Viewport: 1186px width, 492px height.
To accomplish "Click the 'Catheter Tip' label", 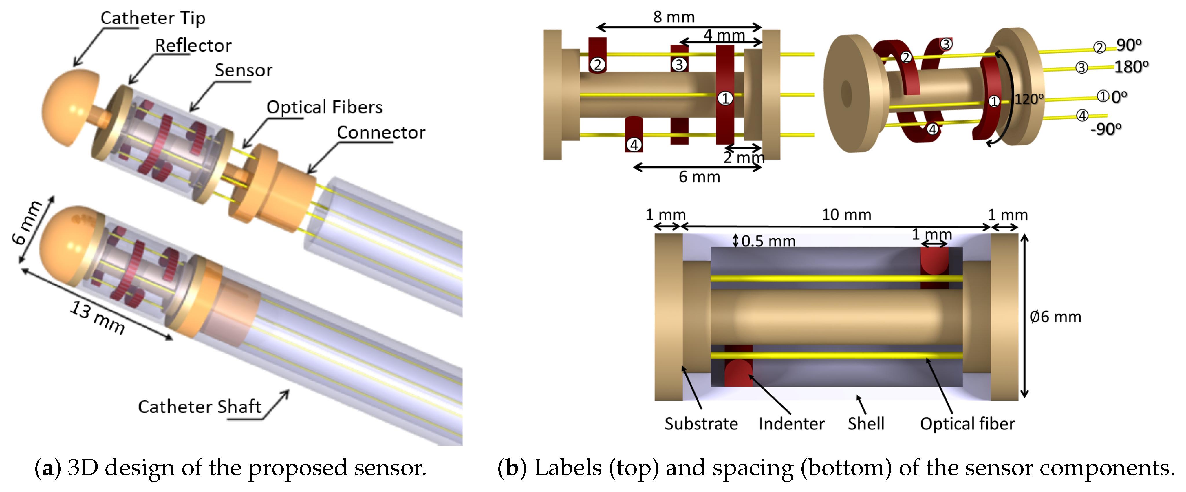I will coord(153,18).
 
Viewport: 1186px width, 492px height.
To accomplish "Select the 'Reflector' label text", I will coord(193,45).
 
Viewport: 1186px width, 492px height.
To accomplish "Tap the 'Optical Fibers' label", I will coord(324,107).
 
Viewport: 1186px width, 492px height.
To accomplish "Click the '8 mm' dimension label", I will coord(673,17).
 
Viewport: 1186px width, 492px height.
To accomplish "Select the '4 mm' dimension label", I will coord(724,34).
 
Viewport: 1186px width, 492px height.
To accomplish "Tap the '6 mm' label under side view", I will coord(699,177).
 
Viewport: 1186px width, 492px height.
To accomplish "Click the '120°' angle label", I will coord(1028,99).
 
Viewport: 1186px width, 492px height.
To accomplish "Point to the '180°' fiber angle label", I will coord(1131,67).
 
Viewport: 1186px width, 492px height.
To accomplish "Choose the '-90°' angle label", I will coord(1106,129).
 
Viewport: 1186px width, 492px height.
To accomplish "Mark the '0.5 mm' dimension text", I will coord(768,241).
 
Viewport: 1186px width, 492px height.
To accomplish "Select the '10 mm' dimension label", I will coord(846,215).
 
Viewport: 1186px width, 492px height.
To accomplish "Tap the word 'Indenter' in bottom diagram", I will coord(791,423).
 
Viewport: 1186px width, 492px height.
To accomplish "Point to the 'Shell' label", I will coord(865,423).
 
